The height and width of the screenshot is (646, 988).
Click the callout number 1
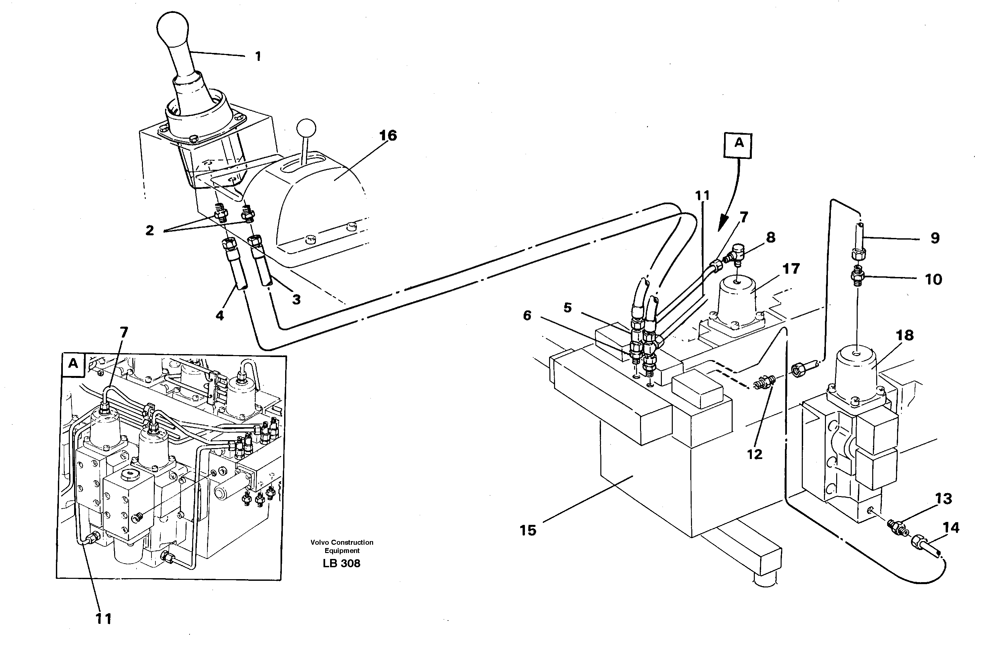point(258,57)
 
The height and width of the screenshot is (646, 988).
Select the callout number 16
point(388,135)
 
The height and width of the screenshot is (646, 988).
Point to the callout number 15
point(528,530)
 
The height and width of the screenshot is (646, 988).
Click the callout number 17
point(791,269)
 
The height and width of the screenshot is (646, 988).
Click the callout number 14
point(951,528)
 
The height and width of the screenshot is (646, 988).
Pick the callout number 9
point(934,238)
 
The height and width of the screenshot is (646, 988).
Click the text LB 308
point(341,563)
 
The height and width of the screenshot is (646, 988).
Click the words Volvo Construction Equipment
point(342,546)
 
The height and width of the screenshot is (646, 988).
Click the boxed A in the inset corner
point(73,364)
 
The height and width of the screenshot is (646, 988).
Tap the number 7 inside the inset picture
point(124,332)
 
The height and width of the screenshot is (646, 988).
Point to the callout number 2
point(150,230)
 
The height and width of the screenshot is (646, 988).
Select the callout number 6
point(527,316)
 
